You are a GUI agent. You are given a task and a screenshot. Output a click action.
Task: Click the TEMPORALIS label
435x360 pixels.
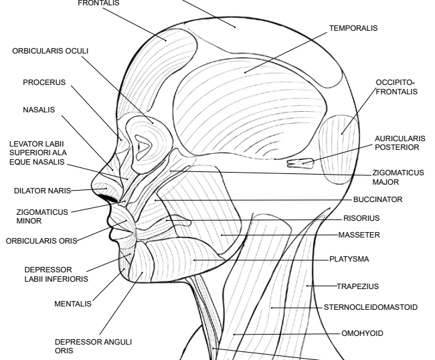click(x=353, y=29)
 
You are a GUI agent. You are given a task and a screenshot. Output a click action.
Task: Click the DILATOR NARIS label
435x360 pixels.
click(x=37, y=191)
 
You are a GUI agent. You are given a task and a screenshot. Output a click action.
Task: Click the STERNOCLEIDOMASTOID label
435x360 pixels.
click(x=371, y=308)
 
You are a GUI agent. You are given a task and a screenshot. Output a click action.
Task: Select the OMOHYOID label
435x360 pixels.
click(x=362, y=333)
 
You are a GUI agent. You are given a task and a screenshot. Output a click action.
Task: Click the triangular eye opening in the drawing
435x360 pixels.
click(x=143, y=143)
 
